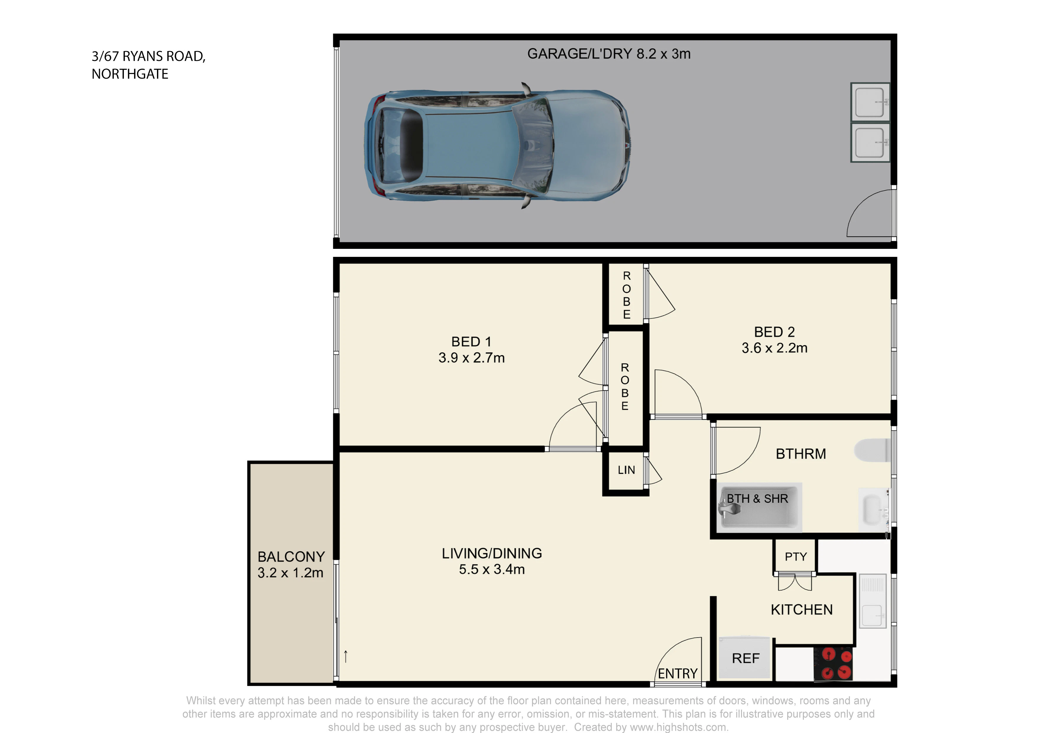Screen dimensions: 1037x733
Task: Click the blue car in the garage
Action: coord(497,145)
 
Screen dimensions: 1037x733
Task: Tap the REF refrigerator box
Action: coord(745,658)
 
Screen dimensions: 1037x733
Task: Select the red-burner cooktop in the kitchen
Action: coord(833,664)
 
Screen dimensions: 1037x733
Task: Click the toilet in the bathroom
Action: coord(872,450)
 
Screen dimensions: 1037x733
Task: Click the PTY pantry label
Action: coord(796,557)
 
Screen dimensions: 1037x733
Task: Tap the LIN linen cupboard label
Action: coord(626,470)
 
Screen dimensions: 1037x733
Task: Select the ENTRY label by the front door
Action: coord(678,674)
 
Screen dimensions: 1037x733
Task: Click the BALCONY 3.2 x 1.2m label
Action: coord(291,565)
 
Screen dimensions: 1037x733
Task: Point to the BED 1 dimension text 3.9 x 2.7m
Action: coord(471,358)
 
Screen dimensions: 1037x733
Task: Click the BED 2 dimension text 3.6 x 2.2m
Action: coord(774,348)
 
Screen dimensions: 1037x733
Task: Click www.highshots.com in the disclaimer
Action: coord(678,727)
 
